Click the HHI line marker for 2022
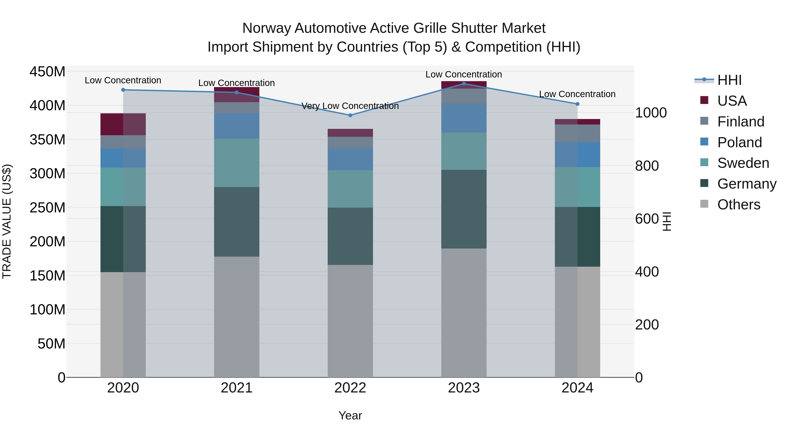coord(350,115)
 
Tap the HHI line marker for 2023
coord(464,84)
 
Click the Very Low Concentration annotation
coord(350,106)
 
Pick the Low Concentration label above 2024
coord(577,94)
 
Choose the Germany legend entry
coord(746,184)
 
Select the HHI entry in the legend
coord(729,80)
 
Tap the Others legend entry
coord(739,205)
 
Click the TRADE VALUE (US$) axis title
coord(7,221)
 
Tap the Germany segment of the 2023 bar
coord(464,209)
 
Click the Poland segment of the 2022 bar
coord(350,159)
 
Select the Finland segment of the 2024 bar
coord(577,133)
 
